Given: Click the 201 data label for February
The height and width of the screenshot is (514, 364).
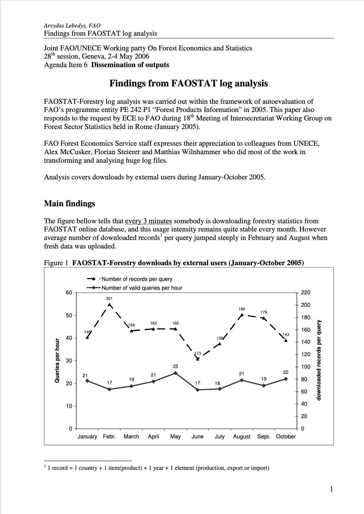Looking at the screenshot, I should coord(109,299).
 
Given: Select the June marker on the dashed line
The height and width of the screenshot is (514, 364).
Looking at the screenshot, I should coord(198,359).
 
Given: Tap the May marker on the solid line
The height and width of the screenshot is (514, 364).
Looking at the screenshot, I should coord(175,373).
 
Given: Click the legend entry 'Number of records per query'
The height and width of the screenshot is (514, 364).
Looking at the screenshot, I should coord(137,279).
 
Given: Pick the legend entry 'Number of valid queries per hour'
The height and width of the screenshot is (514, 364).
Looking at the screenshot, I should coord(142,288).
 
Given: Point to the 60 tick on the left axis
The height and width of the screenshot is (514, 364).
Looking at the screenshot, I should coord(69,293).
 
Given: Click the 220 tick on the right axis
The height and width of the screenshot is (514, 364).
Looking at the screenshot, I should coord(305,293).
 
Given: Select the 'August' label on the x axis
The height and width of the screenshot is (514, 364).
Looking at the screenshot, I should coord(242,436).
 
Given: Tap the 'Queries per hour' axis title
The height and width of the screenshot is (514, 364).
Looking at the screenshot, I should coord(57,360).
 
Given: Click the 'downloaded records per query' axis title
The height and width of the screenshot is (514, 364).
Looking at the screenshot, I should coord(319,360).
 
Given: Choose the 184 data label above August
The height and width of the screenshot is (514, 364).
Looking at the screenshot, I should coord(242,309).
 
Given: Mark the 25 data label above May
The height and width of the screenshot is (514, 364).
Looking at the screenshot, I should coord(175,366).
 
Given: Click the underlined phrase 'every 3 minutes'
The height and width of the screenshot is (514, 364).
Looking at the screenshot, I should coord(148,221).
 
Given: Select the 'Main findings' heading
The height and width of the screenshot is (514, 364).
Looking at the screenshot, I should coord(69,204).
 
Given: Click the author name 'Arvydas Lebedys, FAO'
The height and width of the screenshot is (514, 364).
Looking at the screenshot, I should coord(72,26).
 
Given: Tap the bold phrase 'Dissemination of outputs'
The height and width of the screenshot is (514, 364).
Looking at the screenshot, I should coord(130,65).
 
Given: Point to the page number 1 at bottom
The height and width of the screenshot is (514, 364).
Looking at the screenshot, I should coord(331,489).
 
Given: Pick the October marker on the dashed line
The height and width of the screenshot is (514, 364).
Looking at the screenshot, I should coord(286,340).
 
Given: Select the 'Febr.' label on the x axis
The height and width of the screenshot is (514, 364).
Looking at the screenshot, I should coord(109,436).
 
